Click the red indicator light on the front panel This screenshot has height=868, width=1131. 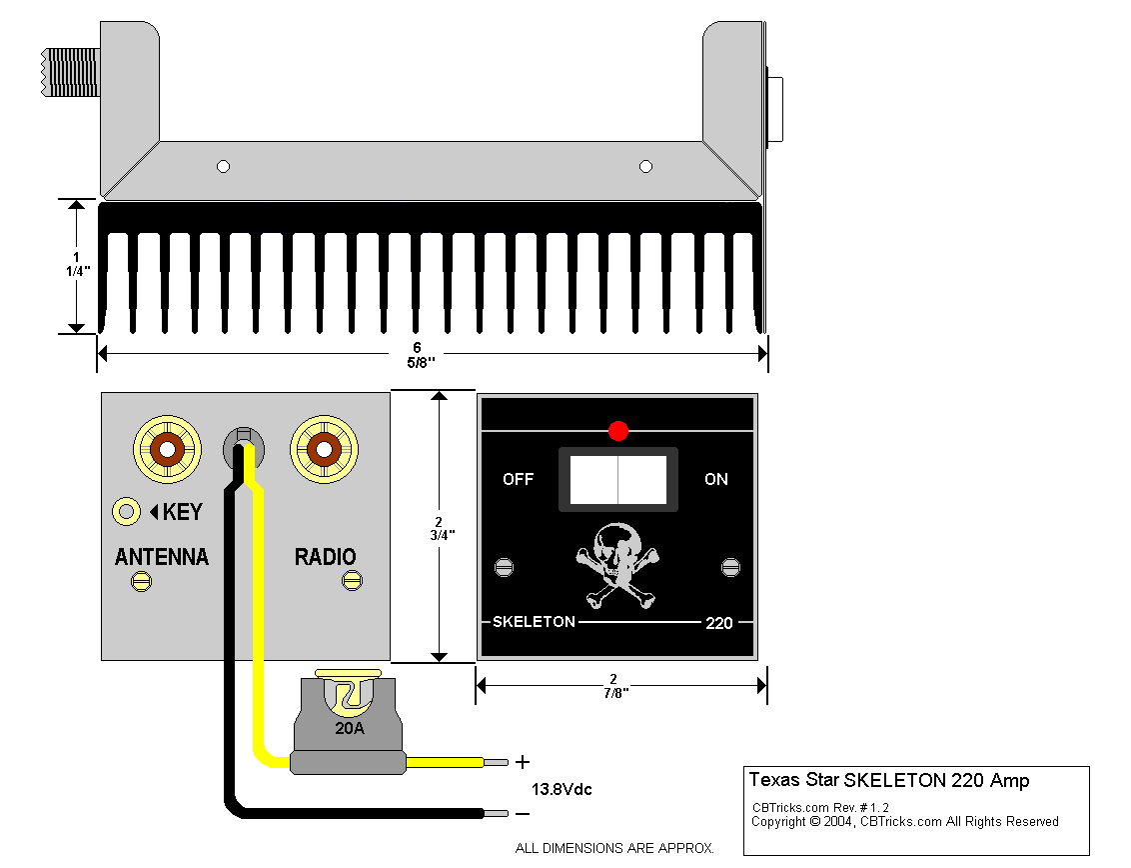click(618, 431)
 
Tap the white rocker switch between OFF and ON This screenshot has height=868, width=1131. click(618, 479)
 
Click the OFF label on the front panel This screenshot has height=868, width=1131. click(518, 479)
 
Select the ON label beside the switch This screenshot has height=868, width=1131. click(716, 479)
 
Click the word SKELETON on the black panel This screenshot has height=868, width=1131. click(534, 622)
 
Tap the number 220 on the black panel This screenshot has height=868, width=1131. click(719, 623)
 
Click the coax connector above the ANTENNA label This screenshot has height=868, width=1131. click(167, 450)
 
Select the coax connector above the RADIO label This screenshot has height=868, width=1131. click(324, 450)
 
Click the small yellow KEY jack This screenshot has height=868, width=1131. click(126, 512)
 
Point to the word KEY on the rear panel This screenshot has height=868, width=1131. click(183, 512)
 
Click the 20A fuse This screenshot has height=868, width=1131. click(349, 722)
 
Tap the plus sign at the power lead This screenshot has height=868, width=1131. click(523, 762)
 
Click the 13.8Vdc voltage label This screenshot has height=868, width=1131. click(562, 789)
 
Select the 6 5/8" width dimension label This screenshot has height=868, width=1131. click(420, 355)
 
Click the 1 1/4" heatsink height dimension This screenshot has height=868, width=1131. click(77, 265)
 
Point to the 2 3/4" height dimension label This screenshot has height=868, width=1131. click(442, 529)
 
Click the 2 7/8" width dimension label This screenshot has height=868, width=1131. click(615, 686)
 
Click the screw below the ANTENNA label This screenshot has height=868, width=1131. click(142, 581)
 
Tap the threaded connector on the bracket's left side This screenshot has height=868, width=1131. click(70, 72)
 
